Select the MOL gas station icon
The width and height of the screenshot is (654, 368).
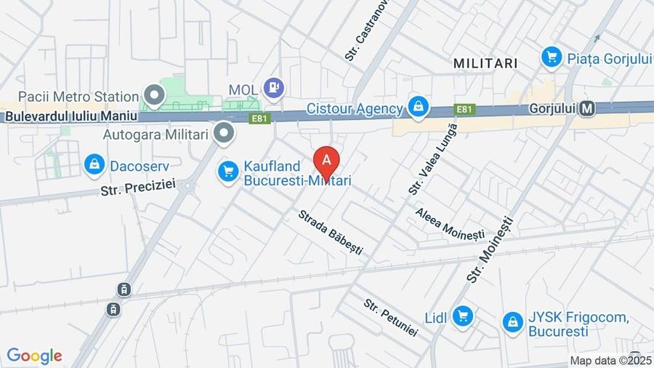tap(274, 89)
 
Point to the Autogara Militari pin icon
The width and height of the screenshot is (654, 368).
tap(225, 133)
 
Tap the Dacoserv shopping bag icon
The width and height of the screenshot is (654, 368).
tap(94, 165)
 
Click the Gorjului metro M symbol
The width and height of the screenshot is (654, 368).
tap(588, 108)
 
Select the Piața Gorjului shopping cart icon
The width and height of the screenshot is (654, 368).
tap(552, 56)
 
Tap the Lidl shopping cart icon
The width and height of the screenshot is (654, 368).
tap(461, 316)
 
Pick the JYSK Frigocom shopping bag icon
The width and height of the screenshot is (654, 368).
tap(512, 321)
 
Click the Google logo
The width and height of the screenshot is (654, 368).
tap(34, 356)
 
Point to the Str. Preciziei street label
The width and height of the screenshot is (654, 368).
tap(138, 186)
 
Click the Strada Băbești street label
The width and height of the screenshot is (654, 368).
tap(330, 232)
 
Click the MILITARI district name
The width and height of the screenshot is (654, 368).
tap(485, 63)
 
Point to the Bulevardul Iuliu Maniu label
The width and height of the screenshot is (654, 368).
tap(70, 116)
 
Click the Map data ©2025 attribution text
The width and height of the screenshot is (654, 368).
tap(610, 360)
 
